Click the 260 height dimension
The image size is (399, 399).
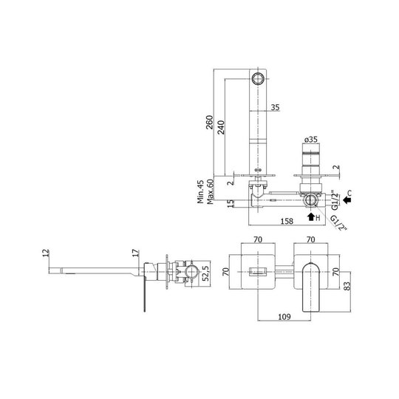click(209, 123)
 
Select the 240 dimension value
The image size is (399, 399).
click(221, 128)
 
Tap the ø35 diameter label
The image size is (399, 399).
click(311, 140)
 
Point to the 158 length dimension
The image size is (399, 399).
click(287, 221)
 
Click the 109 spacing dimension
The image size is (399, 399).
click(284, 317)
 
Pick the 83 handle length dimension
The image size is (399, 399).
click(347, 286)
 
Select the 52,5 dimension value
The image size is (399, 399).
click(205, 273)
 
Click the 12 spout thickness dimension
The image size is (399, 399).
click(46, 253)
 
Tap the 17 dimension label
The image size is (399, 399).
click(136, 253)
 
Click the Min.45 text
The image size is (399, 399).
click(201, 191)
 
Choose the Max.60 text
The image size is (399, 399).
click(210, 191)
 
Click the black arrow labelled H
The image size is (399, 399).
click(311, 216)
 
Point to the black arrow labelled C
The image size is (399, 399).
click(347, 200)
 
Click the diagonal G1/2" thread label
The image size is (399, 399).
click(338, 223)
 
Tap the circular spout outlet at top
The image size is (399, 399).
click(258, 78)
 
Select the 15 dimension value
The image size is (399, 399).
click(231, 203)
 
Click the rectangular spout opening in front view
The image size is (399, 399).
click(258, 271)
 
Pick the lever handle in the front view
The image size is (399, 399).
click(310, 287)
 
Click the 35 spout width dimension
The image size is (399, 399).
click(275, 107)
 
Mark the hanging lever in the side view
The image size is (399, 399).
click(145, 296)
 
